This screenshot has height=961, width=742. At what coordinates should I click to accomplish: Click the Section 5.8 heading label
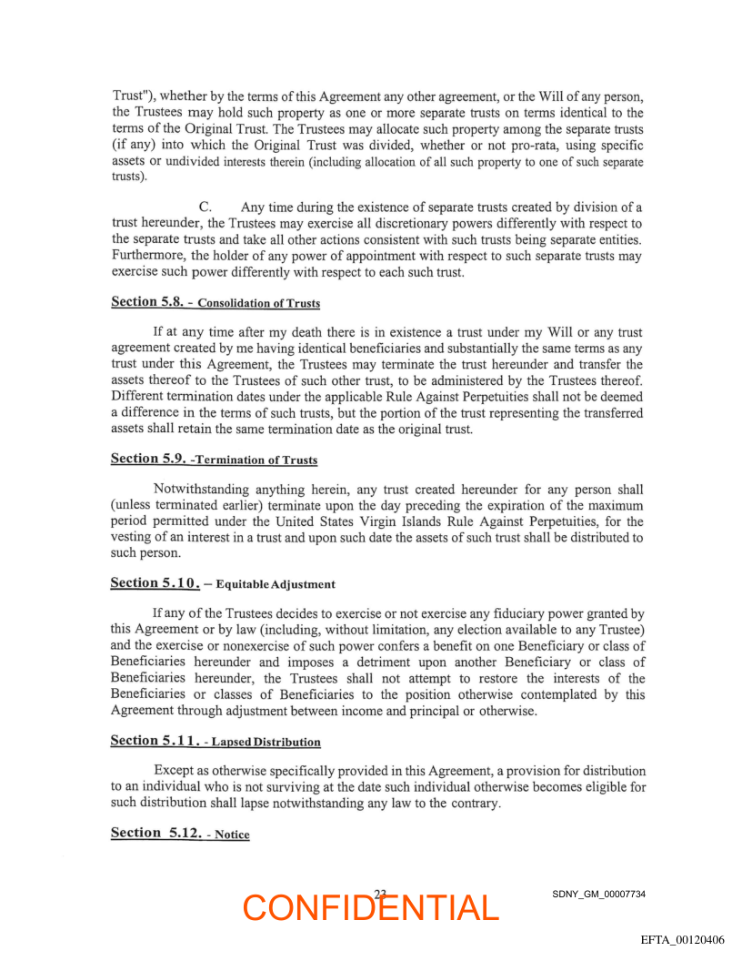point(145,301)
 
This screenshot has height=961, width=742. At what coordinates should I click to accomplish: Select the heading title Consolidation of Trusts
point(258,303)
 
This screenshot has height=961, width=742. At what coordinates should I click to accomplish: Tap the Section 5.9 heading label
point(146,459)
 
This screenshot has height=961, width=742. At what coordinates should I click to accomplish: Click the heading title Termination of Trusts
point(256,460)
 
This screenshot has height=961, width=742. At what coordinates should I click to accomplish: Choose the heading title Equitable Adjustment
point(276,584)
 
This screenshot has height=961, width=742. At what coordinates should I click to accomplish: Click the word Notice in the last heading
point(232,835)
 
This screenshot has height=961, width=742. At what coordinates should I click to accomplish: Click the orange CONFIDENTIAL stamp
point(371,907)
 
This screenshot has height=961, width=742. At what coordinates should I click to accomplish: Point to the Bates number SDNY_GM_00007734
point(598,895)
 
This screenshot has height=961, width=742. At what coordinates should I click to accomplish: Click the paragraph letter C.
point(205,207)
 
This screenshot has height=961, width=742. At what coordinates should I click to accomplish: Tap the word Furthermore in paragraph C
point(150,256)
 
